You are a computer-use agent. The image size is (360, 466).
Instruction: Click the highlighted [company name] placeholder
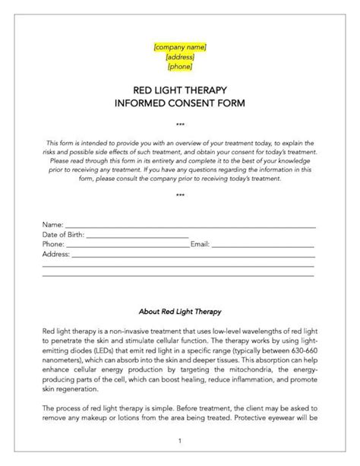(x=179, y=47)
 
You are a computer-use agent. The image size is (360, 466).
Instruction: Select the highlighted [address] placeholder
(x=179, y=56)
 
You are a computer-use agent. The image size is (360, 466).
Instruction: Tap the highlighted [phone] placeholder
(x=179, y=65)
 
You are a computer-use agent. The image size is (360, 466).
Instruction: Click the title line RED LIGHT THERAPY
(x=179, y=90)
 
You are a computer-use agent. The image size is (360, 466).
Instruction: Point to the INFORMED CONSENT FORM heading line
(x=179, y=102)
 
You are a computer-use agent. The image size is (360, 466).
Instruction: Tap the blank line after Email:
(x=262, y=246)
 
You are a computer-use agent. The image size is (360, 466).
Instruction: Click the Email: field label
(x=200, y=244)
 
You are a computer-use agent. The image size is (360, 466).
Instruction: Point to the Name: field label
(x=52, y=226)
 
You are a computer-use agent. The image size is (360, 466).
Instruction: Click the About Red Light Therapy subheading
(x=179, y=311)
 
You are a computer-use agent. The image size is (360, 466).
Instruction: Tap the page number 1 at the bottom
(x=179, y=440)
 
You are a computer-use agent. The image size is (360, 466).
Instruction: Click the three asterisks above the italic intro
(x=179, y=123)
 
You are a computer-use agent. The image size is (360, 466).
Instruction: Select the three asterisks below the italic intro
(x=179, y=195)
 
